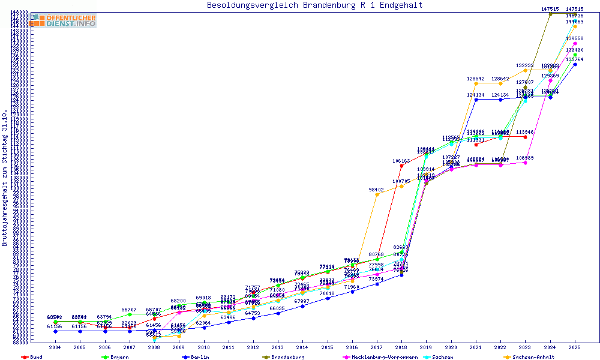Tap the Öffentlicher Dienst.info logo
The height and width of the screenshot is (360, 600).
tap(64, 21)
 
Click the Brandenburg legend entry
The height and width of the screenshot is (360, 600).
tap(286, 357)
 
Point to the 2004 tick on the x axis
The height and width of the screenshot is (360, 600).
tap(55, 347)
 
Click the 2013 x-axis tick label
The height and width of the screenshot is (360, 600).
tap(278, 347)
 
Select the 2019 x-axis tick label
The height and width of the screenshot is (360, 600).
tap(426, 347)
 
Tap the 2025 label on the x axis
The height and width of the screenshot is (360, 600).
tap(575, 347)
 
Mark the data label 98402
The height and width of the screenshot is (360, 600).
tap(376, 190)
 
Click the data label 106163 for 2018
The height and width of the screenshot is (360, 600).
tap(401, 161)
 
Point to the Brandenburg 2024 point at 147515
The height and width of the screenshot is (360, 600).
tap(550, 14)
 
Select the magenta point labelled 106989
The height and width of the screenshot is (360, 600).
tap(526, 163)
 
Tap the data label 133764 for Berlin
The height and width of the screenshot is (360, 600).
tap(575, 59)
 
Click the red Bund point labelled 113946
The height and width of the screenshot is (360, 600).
tap(526, 137)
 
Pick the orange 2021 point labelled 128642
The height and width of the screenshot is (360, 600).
tap(476, 83)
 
